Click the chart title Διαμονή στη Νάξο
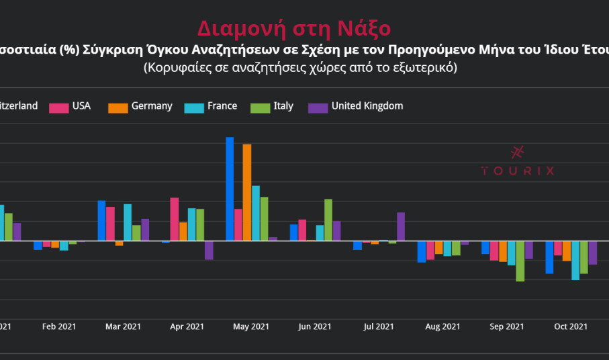coord(293,29)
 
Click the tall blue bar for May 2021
coord(230,189)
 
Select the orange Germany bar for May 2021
coord(247,192)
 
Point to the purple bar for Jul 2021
coord(401,226)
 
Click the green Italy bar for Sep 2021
coord(520,261)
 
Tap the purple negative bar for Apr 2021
coord(209,250)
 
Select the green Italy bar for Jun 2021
coord(328,220)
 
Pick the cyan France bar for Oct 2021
coord(575,260)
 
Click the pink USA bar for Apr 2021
coord(175,219)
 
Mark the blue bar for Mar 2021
coord(101,220)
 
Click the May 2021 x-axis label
coord(250,327)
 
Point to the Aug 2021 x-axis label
coord(442,327)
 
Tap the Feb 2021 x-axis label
coord(59,327)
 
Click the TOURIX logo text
coord(518,171)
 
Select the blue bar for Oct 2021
coord(549,257)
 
